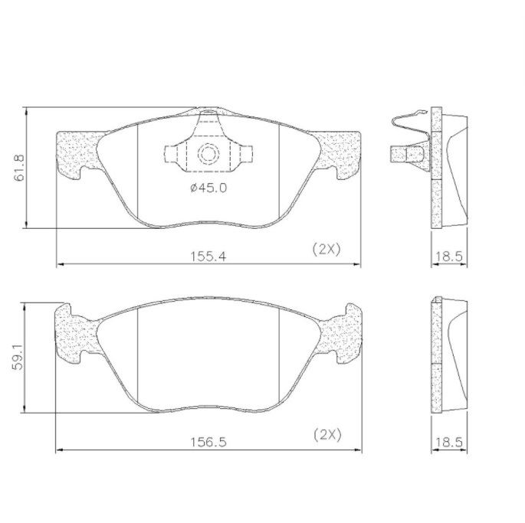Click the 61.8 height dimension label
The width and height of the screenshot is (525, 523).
pyautogui.click(x=19, y=168)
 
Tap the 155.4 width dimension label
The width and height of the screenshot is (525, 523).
pyautogui.click(x=208, y=257)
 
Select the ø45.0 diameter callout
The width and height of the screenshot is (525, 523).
pyautogui.click(x=208, y=188)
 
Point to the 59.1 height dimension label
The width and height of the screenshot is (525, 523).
pyautogui.click(x=18, y=357)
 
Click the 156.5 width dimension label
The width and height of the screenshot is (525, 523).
pyautogui.click(x=208, y=443)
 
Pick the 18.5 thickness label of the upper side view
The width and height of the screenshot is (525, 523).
pyautogui.click(x=448, y=257)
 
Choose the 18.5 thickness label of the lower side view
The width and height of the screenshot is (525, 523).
pyautogui.click(x=448, y=443)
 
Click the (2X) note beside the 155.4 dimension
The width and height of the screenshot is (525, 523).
pyautogui.click(x=326, y=250)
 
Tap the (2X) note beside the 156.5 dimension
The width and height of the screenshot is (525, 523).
pyautogui.click(x=327, y=435)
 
